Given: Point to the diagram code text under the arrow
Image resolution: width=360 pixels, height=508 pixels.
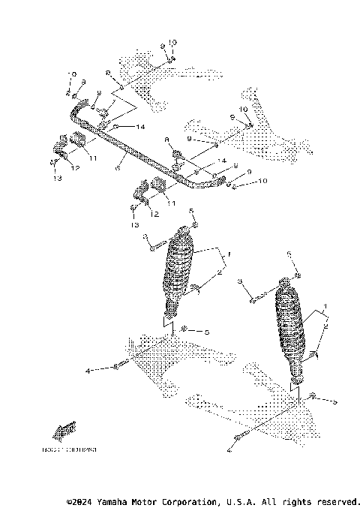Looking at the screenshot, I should [x=75, y=450].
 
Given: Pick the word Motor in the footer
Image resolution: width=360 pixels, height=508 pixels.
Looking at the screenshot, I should [x=157, y=500].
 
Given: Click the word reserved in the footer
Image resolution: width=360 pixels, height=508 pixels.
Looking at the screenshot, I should [x=336, y=500].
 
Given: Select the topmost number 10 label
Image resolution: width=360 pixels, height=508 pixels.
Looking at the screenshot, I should [x=172, y=42].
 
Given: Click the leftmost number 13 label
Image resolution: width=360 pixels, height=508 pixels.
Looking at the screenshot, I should [x=58, y=179].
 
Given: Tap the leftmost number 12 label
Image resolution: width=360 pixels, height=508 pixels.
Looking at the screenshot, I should [x=75, y=169].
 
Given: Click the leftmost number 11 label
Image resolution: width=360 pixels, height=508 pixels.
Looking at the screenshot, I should [x=93, y=158].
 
